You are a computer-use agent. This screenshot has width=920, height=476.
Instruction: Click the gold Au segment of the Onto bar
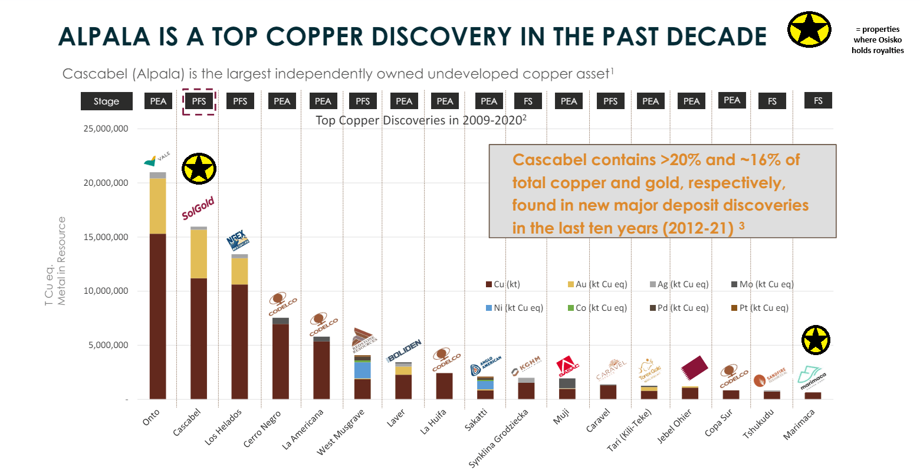point(157,206)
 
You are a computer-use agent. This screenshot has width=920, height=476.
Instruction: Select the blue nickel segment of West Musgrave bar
point(362,370)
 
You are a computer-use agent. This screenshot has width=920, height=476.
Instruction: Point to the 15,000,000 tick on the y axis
point(108,237)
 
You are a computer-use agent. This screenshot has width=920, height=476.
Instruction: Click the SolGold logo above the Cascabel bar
point(198,208)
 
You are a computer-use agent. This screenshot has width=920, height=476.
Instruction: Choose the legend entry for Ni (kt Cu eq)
point(514,308)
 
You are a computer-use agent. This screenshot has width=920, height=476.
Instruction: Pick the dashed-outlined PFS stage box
point(199,101)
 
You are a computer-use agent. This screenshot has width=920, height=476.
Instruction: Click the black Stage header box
point(106,101)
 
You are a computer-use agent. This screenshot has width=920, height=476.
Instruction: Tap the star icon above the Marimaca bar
point(816,340)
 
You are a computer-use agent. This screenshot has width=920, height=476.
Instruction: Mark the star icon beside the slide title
point(809,29)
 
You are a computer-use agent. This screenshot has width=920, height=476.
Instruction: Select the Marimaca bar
point(813,396)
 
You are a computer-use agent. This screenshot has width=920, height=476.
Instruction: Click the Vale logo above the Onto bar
point(157,159)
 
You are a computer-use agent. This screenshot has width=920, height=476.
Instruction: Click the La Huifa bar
point(444,386)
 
